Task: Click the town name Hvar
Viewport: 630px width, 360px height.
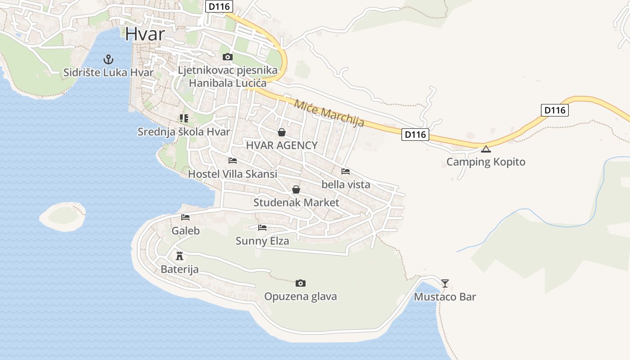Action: [x=145, y=34]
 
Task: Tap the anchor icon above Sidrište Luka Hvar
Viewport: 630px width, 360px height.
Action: [x=108, y=59]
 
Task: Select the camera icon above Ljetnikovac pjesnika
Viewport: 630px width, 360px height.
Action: [x=228, y=57]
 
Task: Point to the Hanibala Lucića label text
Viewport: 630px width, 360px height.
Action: [x=227, y=83]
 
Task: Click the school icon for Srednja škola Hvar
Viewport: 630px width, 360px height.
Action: [x=184, y=118]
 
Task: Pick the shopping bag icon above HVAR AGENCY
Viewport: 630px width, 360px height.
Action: [x=282, y=132]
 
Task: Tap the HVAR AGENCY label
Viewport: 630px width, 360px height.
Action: [x=282, y=145]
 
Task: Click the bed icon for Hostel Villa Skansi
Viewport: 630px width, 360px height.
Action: [x=233, y=160]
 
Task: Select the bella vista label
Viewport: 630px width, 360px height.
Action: [x=346, y=184]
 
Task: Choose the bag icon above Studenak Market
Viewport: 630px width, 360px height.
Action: [x=296, y=189]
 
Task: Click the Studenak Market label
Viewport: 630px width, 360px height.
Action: [x=296, y=202]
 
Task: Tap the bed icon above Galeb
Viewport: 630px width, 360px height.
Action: [x=185, y=217]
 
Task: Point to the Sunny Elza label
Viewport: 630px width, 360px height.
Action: [x=262, y=241]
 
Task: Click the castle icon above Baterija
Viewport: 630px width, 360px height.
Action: [x=180, y=256]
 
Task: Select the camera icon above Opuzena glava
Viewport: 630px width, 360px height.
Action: [x=301, y=283]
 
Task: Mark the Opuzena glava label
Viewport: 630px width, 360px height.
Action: [x=301, y=297]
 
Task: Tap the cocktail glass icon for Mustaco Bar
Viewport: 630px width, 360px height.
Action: [x=445, y=283]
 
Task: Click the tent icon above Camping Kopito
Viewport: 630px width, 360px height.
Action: [x=486, y=149]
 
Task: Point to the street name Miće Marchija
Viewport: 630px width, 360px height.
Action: [x=329, y=113]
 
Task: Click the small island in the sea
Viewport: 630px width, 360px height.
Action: [x=63, y=216]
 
